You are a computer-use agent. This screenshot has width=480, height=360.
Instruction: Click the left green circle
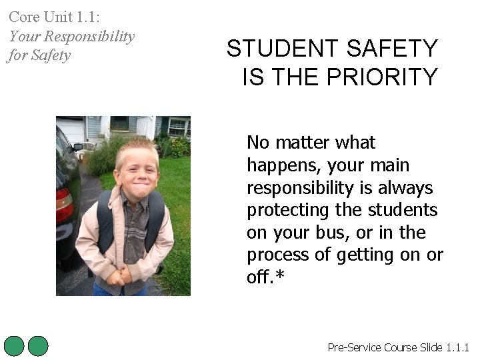click(14, 346)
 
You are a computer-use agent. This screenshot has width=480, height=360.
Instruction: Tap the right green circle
click(39, 346)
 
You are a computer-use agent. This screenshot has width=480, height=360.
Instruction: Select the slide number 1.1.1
click(458, 347)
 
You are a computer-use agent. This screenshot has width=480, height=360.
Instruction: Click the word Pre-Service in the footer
click(355, 347)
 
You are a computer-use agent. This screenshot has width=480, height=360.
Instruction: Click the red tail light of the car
click(64, 203)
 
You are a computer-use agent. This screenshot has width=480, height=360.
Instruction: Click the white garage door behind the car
click(71, 129)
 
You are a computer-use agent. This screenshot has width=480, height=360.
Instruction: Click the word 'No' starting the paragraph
click(257, 143)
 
